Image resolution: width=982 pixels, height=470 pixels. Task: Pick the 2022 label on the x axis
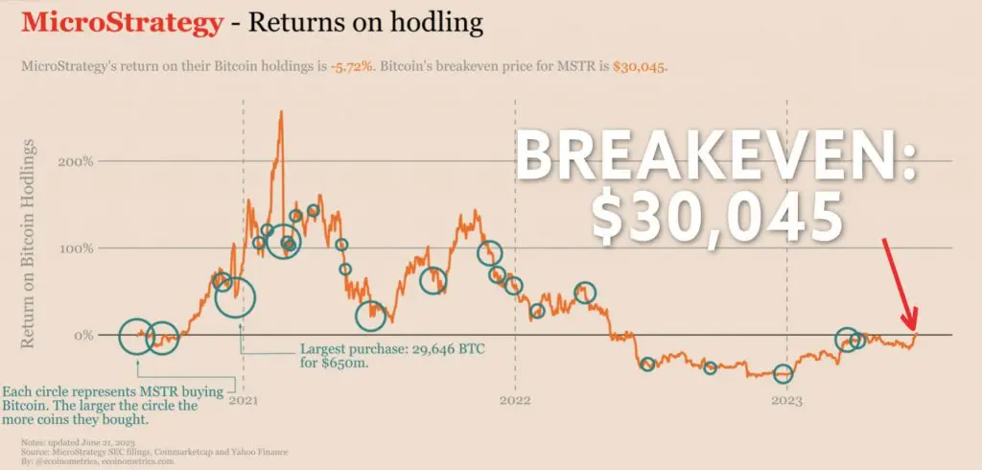pyautogui.click(x=515, y=400)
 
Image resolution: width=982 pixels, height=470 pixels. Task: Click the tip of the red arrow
pyautogui.click(x=914, y=329)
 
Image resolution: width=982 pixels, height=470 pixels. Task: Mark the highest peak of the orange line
pyautogui.click(x=280, y=111)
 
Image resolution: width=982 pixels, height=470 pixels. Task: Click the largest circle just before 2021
pyautogui.click(x=235, y=296)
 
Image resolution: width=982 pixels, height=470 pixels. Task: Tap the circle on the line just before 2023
pyautogui.click(x=783, y=374)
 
